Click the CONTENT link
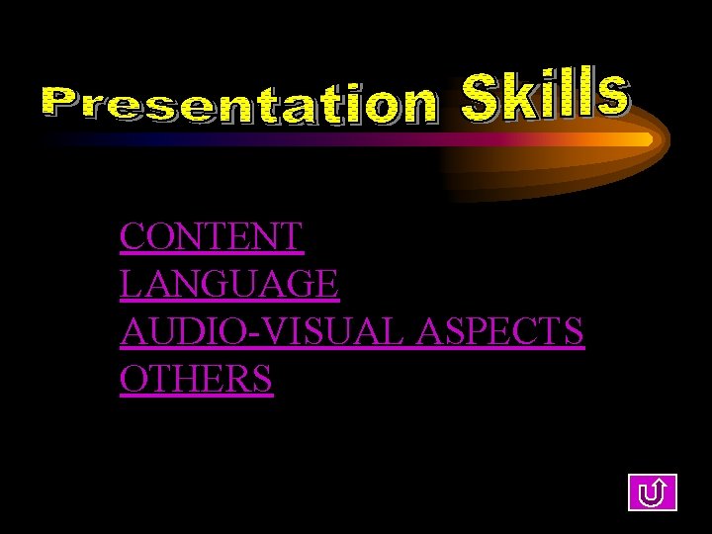pyautogui.click(x=211, y=237)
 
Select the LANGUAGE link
pyautogui.click(x=229, y=285)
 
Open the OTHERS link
pyautogui.click(x=196, y=379)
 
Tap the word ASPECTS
pyautogui.click(x=500, y=332)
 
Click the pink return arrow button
pyautogui.click(x=652, y=490)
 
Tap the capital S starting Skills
pyautogui.click(x=482, y=98)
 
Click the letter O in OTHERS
pyautogui.click(x=133, y=379)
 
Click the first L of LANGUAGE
pyautogui.click(x=130, y=285)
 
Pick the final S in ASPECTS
pyautogui.click(x=572, y=332)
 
